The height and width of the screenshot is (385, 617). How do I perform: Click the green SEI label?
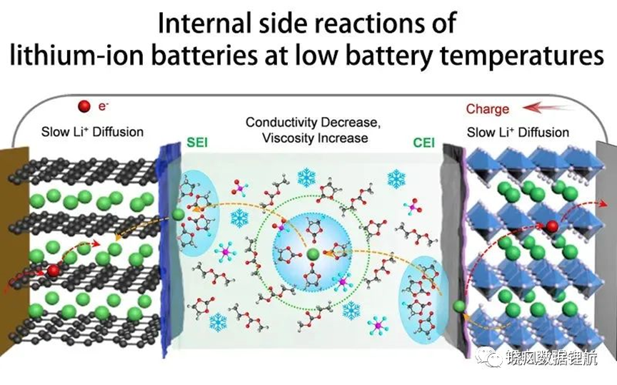(x=197, y=142)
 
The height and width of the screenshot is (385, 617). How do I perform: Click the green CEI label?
(x=423, y=143)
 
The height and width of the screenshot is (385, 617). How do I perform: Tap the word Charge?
(x=488, y=109)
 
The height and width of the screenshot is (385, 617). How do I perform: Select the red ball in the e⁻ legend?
(x=84, y=106)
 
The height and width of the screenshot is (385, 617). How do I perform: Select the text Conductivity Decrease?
(x=313, y=122)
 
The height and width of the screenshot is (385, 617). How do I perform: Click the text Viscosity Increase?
(x=315, y=138)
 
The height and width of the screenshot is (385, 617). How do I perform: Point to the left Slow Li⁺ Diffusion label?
(x=92, y=132)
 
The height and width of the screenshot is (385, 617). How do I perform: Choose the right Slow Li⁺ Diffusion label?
(x=518, y=133)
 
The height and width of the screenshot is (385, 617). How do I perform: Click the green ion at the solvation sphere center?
(x=313, y=255)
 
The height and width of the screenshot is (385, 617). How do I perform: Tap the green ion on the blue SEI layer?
(x=178, y=215)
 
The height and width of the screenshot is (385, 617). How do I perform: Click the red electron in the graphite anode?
(x=53, y=271)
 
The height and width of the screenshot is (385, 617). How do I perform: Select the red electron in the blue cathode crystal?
(x=552, y=226)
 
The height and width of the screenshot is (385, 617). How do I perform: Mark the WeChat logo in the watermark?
(x=488, y=356)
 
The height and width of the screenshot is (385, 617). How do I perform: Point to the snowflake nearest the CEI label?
(x=396, y=179)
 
